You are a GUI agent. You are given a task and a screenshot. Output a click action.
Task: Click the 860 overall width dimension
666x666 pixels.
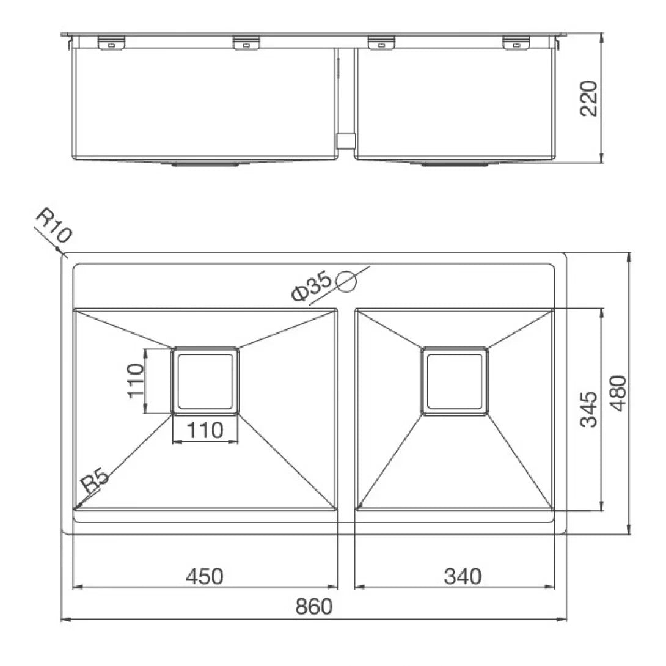pyautogui.click(x=314, y=607)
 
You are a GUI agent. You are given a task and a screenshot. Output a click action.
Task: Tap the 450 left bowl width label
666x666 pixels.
pyautogui.click(x=204, y=576)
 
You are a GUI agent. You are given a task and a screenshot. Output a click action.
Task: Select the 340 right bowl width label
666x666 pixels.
pyautogui.click(x=463, y=576)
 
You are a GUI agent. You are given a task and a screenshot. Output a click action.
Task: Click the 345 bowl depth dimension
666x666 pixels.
pyautogui.click(x=588, y=409)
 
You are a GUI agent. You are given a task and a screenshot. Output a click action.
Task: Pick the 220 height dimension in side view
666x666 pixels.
pyautogui.click(x=588, y=98)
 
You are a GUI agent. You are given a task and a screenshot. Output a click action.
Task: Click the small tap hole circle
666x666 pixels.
pyautogui.click(x=346, y=282)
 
